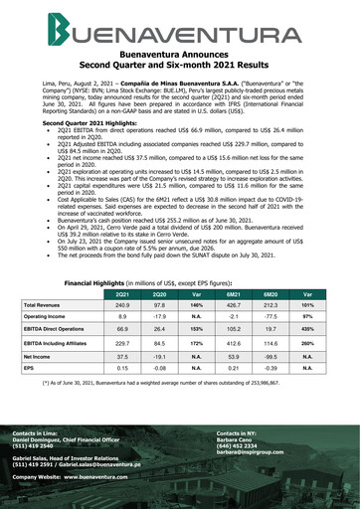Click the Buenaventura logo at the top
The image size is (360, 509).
180,36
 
